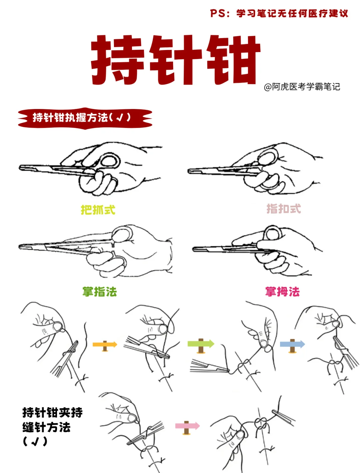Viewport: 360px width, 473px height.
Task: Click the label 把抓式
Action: pyautogui.click(x=98, y=210)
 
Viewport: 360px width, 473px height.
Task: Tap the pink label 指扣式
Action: pyautogui.click(x=284, y=209)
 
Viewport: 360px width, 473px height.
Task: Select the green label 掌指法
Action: pyautogui.click(x=100, y=292)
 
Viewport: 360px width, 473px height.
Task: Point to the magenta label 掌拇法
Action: pyautogui.click(x=282, y=292)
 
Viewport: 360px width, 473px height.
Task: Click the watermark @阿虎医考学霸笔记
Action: pyautogui.click(x=302, y=87)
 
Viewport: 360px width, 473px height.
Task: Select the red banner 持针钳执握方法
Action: pyautogui.click(x=85, y=118)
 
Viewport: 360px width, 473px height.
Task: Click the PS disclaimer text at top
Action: pyautogui.click(x=279, y=13)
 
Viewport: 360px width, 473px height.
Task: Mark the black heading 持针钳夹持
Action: pyautogui.click(x=52, y=413)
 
